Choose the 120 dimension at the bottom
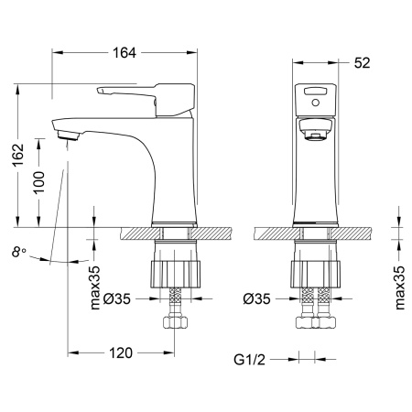point(122,352)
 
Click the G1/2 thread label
point(255,360)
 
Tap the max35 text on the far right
point(398,286)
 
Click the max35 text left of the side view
point(95,286)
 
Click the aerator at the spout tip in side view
point(69,136)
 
